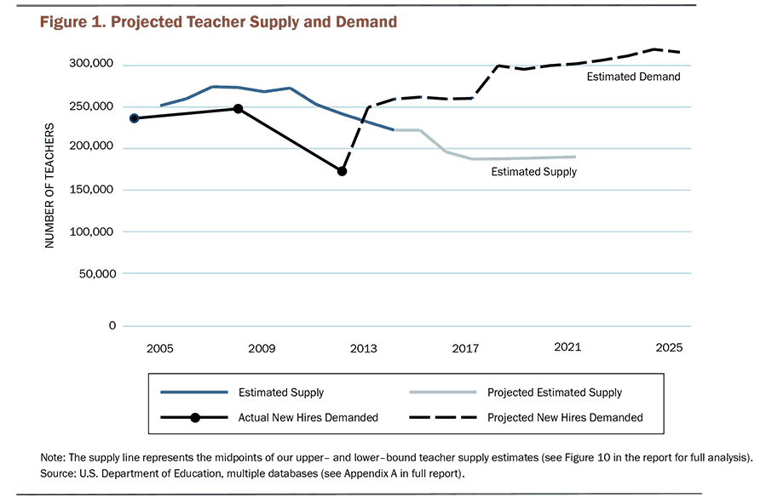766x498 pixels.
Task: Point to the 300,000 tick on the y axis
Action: [93, 65]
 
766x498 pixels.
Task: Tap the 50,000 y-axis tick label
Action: [96, 274]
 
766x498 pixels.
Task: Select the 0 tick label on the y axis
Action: [112, 325]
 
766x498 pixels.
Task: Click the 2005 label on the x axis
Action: [160, 347]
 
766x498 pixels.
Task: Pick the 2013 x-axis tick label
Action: [364, 347]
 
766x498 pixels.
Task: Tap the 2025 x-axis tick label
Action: [669, 347]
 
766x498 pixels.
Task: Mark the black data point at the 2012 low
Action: [342, 171]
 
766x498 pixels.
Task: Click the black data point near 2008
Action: [239, 109]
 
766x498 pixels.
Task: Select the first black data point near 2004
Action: [135, 118]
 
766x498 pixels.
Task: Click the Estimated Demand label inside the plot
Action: [633, 77]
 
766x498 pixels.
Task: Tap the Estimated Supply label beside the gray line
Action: [533, 172]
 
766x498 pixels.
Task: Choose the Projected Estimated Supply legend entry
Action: [554, 392]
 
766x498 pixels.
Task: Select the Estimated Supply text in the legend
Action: [280, 392]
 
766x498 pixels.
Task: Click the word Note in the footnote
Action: [54, 457]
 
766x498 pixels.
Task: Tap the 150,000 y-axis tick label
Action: [93, 190]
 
